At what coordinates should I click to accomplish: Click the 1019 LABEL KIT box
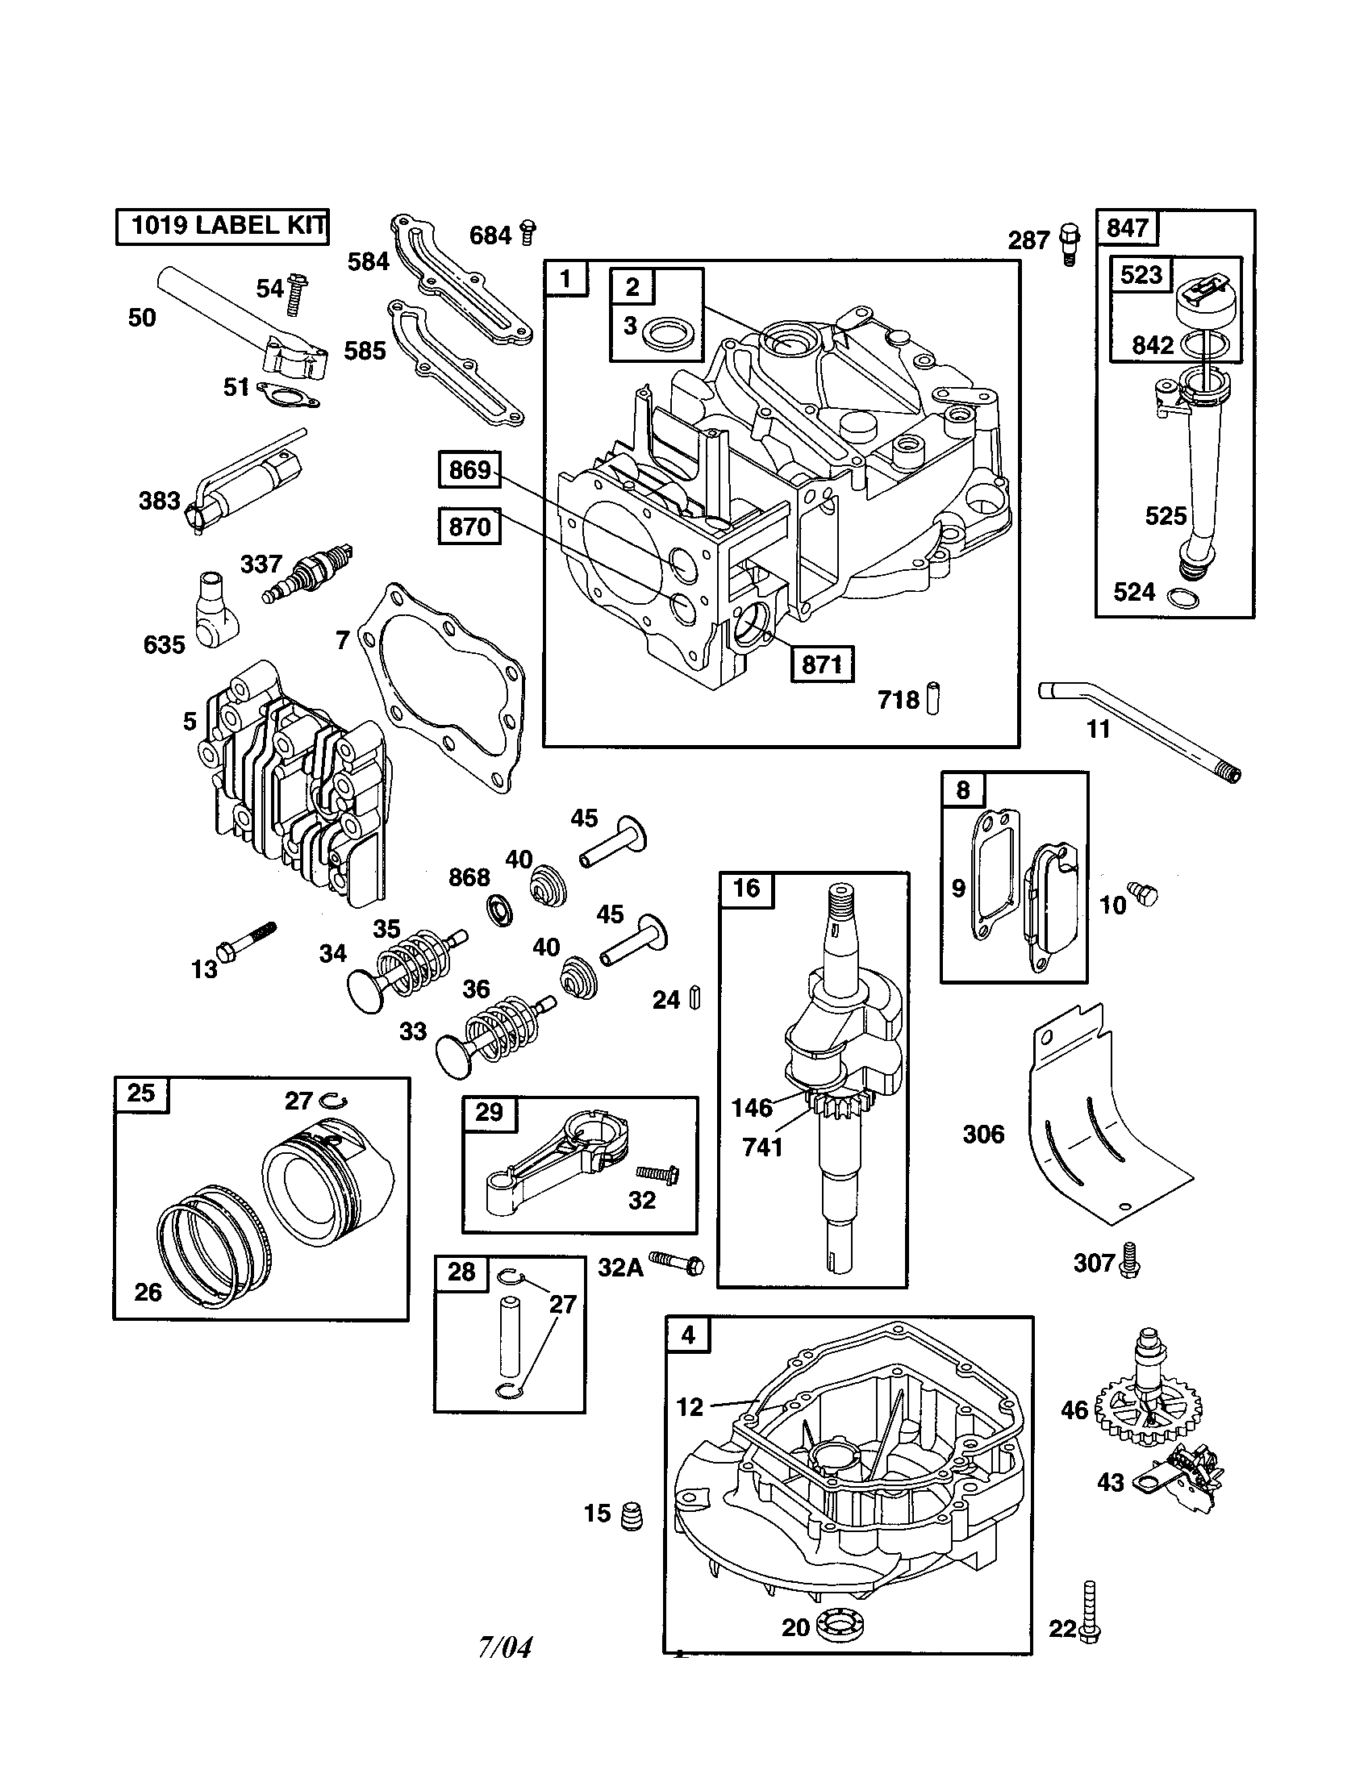(222, 226)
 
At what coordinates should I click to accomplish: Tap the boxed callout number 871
(822, 664)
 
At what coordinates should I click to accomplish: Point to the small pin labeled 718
(932, 699)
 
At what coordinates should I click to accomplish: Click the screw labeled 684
(528, 232)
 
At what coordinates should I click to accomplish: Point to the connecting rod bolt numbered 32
(657, 1174)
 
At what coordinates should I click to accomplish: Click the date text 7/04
(505, 1647)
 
